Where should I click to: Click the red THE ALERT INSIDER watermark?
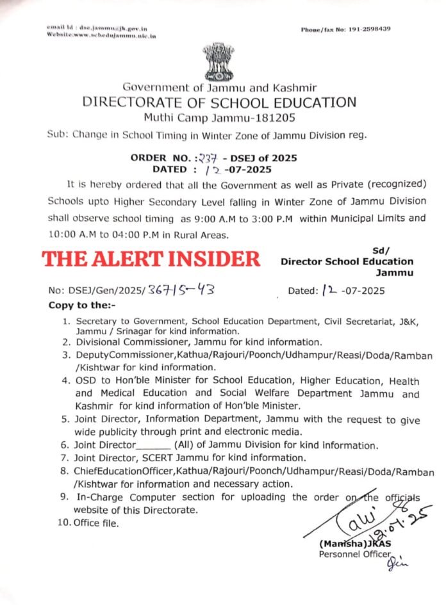pyautogui.click(x=151, y=259)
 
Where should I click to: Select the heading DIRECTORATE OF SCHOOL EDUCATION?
pyautogui.click(x=218, y=102)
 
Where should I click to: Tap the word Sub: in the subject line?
pyautogui.click(x=58, y=135)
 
